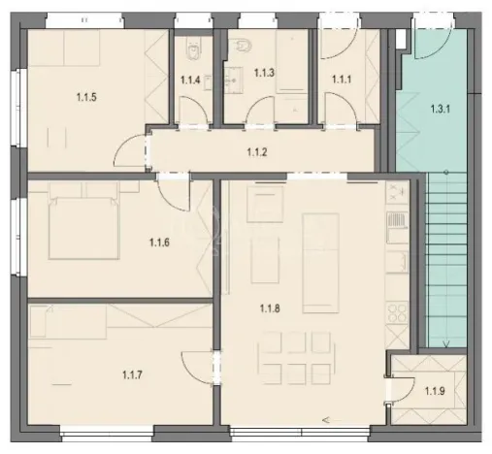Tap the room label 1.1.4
[190, 81]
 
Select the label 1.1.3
[264, 72]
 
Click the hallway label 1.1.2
[256, 151]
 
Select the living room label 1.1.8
[271, 309]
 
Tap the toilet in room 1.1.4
[192, 46]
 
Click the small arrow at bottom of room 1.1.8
[326, 420]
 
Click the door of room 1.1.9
[400, 386]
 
